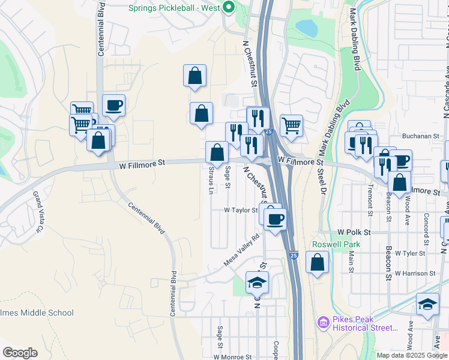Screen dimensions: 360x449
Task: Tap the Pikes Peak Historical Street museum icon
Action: pyautogui.click(x=324, y=323)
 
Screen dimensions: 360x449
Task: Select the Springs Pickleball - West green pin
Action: pyautogui.click(x=228, y=8)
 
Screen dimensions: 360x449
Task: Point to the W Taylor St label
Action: pyautogui.click(x=241, y=211)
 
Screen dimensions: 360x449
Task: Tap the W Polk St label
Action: pyautogui.click(x=354, y=232)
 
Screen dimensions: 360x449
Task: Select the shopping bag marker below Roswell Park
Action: pyautogui.click(x=318, y=262)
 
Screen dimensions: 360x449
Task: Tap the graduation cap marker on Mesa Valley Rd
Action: pyautogui.click(x=258, y=282)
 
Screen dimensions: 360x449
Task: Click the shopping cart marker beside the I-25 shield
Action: pyautogui.click(x=291, y=125)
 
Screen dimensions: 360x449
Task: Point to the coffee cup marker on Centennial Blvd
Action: pyautogui.click(x=113, y=106)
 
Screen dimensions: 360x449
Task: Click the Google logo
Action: pyautogui.click(x=20, y=353)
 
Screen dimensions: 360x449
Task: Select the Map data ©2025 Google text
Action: pyautogui.click(x=411, y=355)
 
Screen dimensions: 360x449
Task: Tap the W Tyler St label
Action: pyautogui.click(x=410, y=253)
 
